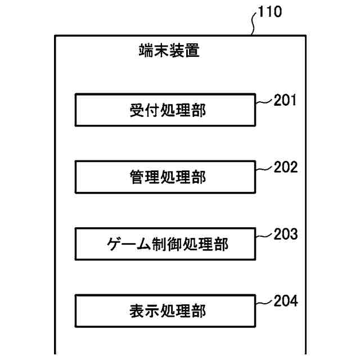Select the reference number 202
point(286,167)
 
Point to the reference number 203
point(286,234)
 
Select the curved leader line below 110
point(255,24)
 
